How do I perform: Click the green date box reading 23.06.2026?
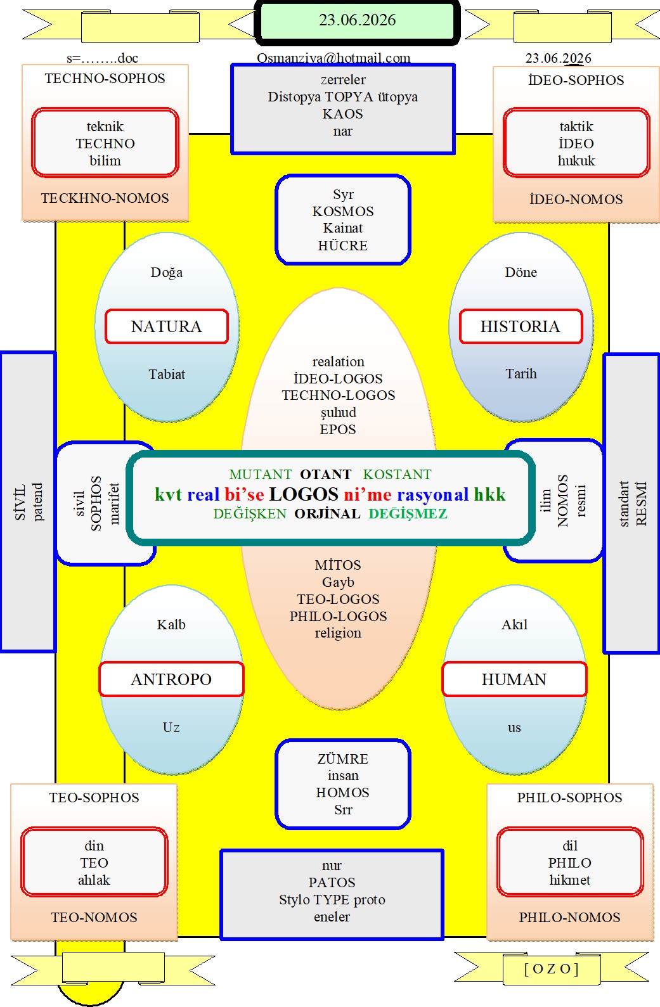pyautogui.click(x=357, y=21)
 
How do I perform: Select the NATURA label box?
pyautogui.click(x=167, y=326)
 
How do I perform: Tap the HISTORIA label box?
pyautogui.click(x=521, y=326)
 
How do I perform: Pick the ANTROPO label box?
pyautogui.click(x=171, y=679)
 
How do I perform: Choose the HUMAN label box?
pyautogui.click(x=514, y=679)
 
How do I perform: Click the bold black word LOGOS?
pyautogui.click(x=304, y=494)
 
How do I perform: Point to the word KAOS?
pyautogui.click(x=342, y=113)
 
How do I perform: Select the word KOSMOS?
pyautogui.click(x=343, y=211)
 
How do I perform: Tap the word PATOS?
pyautogui.click(x=332, y=883)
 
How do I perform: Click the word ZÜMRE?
pyautogui.click(x=343, y=759)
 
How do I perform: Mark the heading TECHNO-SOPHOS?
pyautogui.click(x=105, y=79)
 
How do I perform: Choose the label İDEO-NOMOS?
pyautogui.click(x=576, y=199)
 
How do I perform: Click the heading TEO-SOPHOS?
pyautogui.click(x=94, y=797)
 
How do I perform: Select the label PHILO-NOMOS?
pyautogui.click(x=570, y=917)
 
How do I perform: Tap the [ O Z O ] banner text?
pyautogui.click(x=552, y=969)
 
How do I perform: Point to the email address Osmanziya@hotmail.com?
pyautogui.click(x=333, y=58)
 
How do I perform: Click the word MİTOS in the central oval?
pyautogui.click(x=338, y=565)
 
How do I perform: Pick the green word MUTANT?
pyautogui.click(x=261, y=474)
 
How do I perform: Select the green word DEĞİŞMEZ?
pyautogui.click(x=408, y=513)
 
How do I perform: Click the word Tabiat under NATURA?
pyautogui.click(x=167, y=374)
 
